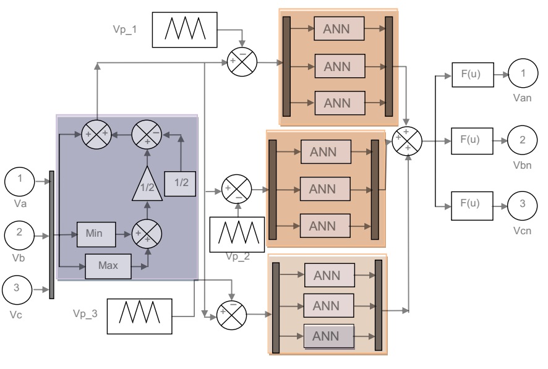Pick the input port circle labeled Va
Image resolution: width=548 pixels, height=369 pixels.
click(x=22, y=182)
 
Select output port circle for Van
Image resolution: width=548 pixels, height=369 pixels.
click(x=522, y=75)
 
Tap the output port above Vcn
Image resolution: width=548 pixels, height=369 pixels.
click(x=522, y=206)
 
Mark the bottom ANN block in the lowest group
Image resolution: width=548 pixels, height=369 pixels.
click(x=330, y=336)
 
